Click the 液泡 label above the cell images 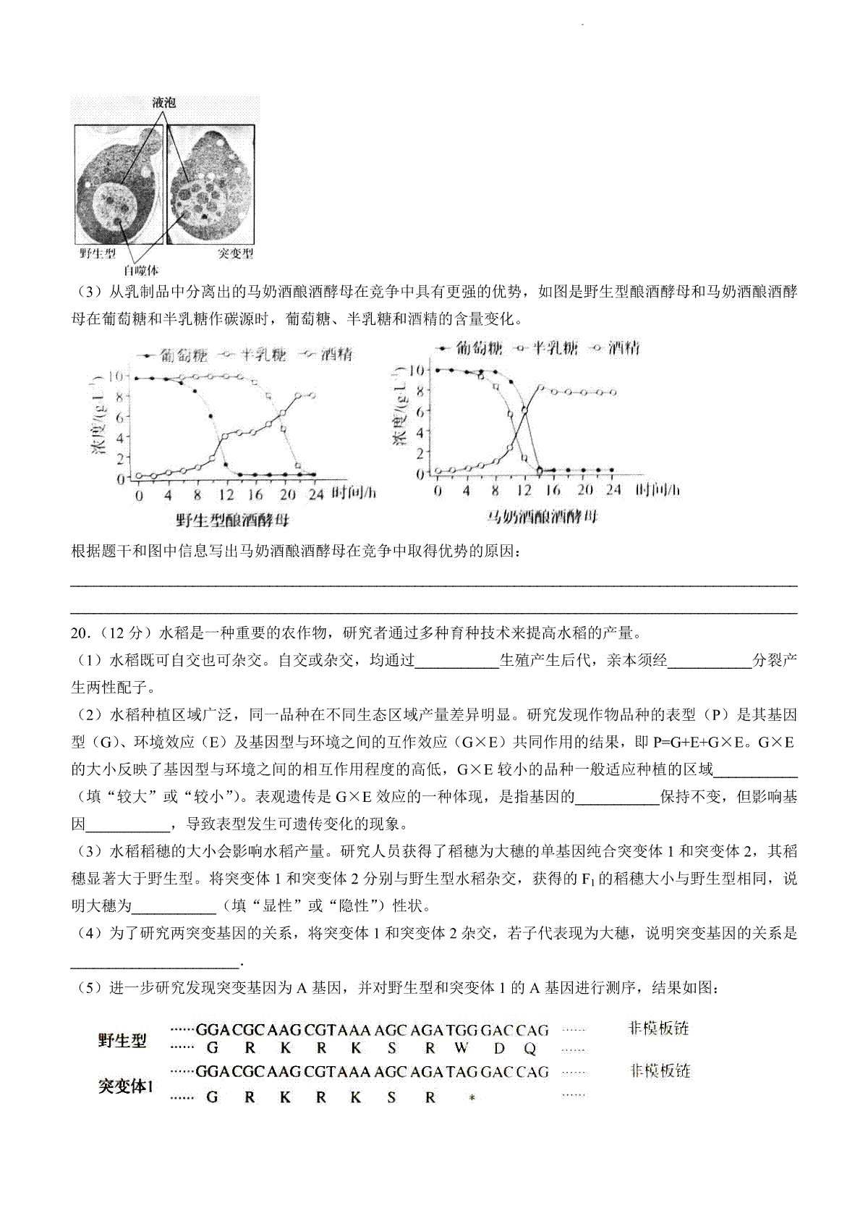[164, 103]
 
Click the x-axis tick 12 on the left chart [226, 495]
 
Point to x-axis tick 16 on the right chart [553, 490]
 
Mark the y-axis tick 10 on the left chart [115, 376]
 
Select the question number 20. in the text [81, 633]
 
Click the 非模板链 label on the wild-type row [660, 1028]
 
